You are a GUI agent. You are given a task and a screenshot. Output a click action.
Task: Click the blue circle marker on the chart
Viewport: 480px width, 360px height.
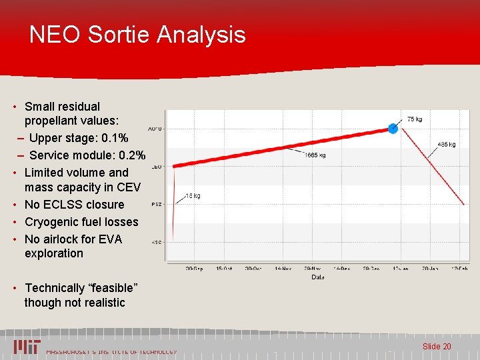pos(393,128)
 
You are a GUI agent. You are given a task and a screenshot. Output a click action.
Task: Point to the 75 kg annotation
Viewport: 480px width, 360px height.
pos(414,119)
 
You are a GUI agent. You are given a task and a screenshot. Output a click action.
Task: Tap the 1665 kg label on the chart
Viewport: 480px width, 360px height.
pos(315,155)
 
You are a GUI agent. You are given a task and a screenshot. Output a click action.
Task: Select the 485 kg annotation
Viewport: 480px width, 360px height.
pos(446,144)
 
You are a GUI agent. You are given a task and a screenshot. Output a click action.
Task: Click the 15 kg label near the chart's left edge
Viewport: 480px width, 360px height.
pos(193,196)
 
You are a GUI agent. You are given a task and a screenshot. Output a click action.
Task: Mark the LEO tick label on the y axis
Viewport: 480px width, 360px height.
pos(156,167)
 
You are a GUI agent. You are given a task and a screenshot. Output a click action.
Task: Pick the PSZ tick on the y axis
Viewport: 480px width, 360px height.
pos(156,205)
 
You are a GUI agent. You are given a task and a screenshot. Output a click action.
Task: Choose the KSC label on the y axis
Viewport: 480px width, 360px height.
pos(156,242)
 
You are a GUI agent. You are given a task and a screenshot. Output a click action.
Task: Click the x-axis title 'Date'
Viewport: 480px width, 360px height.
pos(318,277)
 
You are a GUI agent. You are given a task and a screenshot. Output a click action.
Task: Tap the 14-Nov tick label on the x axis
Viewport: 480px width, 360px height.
pos(283,268)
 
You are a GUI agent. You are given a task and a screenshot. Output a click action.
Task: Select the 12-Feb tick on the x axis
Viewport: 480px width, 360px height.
pos(459,268)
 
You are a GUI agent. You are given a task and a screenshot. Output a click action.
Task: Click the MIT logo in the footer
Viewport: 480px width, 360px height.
pos(27,347)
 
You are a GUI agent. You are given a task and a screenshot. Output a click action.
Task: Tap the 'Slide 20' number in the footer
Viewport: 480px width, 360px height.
pos(437,347)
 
